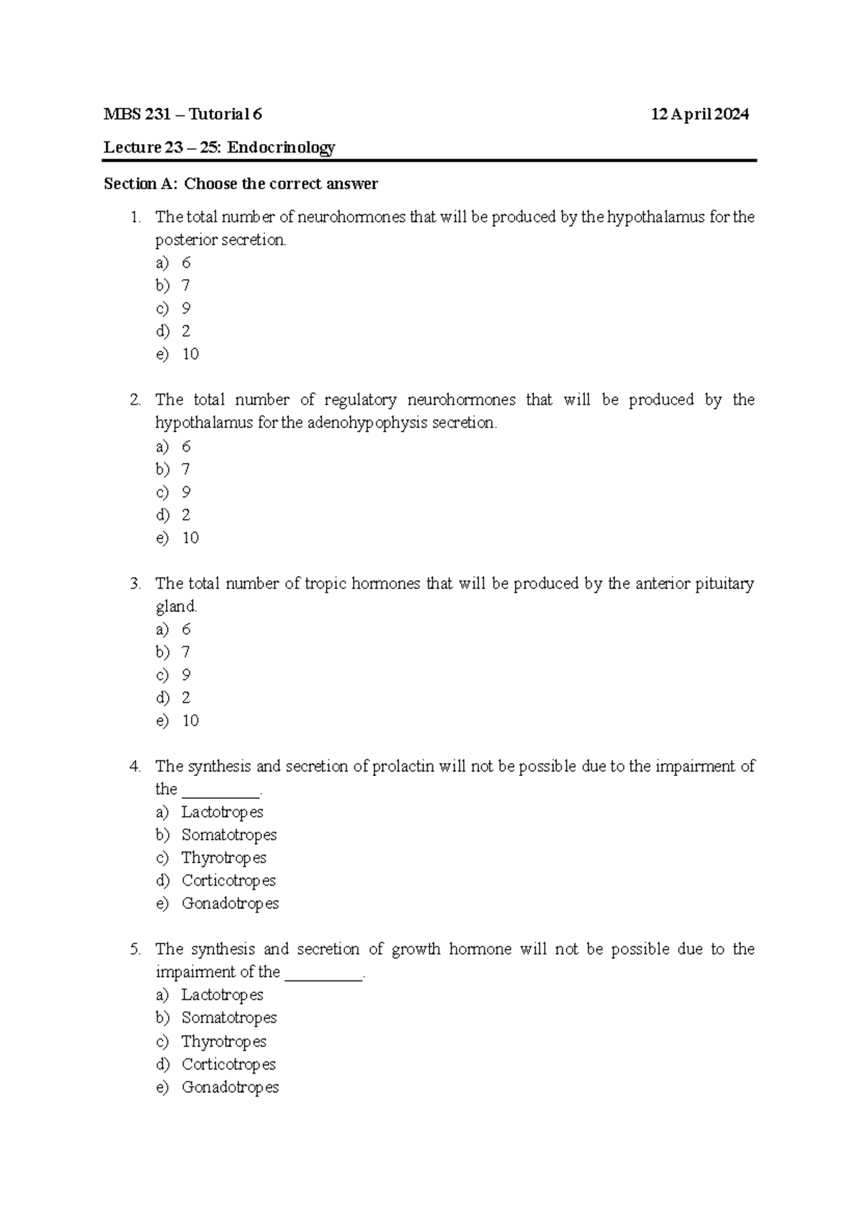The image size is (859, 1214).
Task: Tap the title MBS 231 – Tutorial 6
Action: (183, 115)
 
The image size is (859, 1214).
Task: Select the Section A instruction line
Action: (241, 184)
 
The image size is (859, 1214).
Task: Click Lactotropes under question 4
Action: (222, 812)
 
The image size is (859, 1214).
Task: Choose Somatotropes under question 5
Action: (228, 1018)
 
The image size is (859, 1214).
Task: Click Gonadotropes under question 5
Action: (230, 1087)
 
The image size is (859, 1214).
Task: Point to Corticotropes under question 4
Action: (228, 881)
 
